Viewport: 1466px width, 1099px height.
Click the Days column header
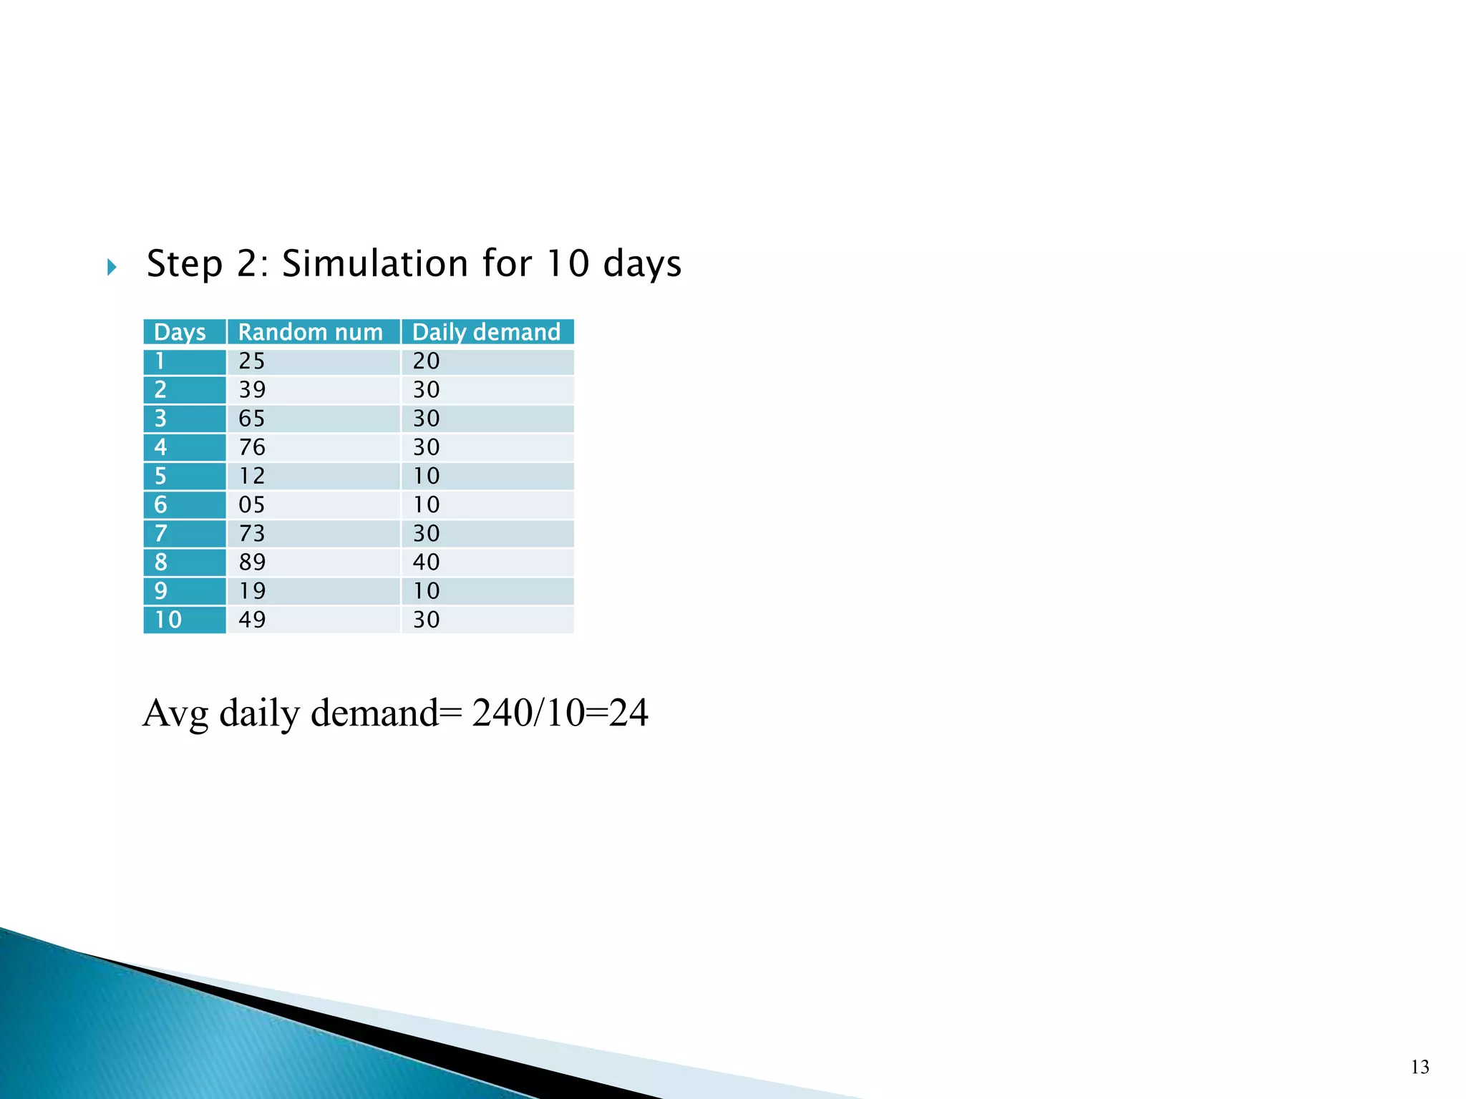(x=180, y=332)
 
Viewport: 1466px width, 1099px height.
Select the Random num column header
(x=310, y=332)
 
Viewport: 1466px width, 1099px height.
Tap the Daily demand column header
(x=486, y=332)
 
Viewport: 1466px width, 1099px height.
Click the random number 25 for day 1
(x=252, y=361)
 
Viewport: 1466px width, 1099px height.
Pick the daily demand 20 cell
(x=427, y=361)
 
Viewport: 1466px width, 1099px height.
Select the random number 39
(x=252, y=390)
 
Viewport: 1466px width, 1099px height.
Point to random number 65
(x=252, y=419)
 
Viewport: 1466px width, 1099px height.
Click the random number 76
(x=252, y=447)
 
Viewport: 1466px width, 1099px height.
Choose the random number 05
(x=252, y=505)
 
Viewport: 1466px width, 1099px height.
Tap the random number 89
(x=252, y=562)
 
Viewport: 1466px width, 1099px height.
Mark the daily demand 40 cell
(x=427, y=562)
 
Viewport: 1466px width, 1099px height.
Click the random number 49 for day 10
(x=252, y=620)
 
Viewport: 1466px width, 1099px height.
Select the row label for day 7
(x=161, y=534)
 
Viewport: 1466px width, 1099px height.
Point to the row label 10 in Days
(x=168, y=620)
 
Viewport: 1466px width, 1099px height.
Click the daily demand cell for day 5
(x=427, y=476)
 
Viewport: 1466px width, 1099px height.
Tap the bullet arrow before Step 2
(x=112, y=268)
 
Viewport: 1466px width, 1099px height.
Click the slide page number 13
(x=1420, y=1068)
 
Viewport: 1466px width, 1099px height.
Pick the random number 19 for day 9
(x=252, y=591)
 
